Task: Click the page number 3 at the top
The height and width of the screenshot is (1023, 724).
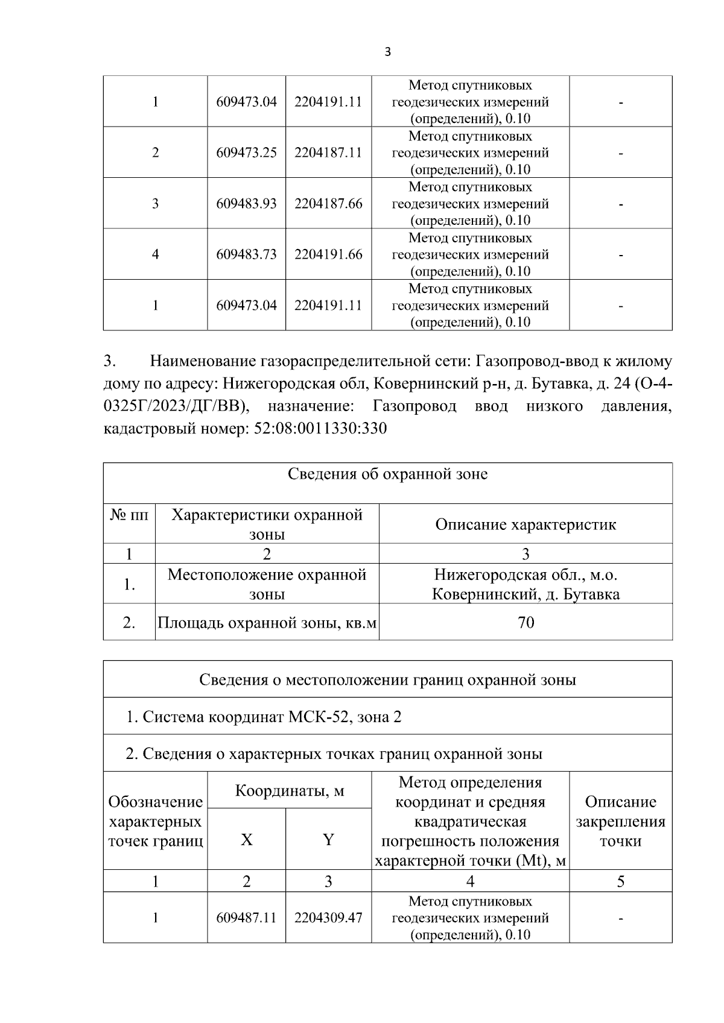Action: pos(387,52)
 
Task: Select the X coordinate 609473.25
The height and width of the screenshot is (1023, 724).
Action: pos(246,153)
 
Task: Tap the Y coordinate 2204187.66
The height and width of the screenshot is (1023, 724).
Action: pos(328,204)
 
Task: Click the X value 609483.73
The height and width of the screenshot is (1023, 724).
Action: pos(246,254)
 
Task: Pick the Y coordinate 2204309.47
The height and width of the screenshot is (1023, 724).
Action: pos(328,918)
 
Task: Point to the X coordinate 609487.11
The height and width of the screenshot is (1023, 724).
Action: pos(246,918)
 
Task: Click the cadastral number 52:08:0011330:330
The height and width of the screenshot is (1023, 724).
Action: pos(317,429)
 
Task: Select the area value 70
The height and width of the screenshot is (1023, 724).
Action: pos(526,622)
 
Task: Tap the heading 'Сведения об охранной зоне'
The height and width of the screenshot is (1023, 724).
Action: pos(387,474)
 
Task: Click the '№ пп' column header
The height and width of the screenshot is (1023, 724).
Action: pos(129,516)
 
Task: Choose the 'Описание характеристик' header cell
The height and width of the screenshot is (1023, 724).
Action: pos(526,524)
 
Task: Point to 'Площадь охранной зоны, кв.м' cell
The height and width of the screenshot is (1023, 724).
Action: pos(267,622)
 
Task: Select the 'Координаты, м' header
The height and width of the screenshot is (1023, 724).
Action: pos(289,790)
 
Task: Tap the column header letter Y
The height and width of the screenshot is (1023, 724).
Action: pos(328,840)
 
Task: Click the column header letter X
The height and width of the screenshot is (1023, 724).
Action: pos(246,840)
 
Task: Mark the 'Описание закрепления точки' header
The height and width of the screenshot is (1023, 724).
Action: pos(620,821)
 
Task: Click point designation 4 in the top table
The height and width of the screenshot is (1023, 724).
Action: pos(155,254)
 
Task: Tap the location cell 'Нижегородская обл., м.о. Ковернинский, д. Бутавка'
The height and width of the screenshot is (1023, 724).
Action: pos(526,584)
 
